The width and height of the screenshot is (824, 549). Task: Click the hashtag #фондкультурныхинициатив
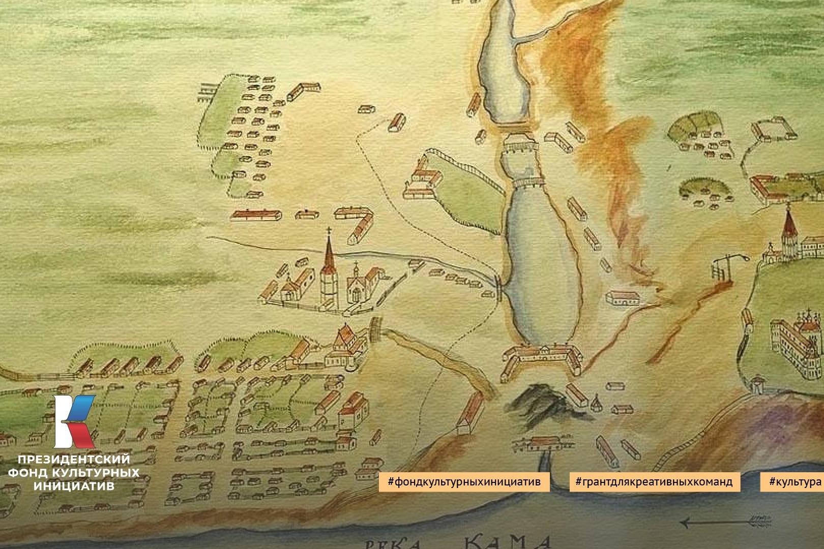tap(464, 481)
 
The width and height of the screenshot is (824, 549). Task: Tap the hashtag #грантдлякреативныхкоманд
tap(654, 481)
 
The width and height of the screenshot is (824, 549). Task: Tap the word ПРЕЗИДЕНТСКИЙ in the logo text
tap(74, 460)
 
